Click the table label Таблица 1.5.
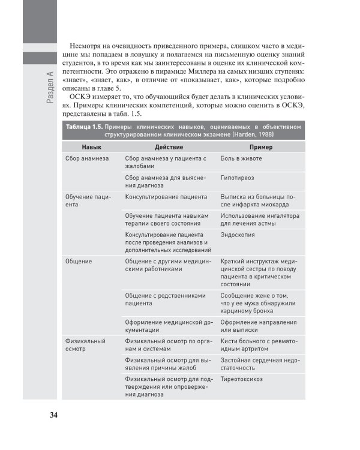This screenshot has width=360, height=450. [x=83, y=127]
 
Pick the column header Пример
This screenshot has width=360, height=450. [x=261, y=147]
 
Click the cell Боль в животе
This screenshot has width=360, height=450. [x=241, y=158]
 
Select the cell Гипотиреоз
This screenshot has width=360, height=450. [x=239, y=178]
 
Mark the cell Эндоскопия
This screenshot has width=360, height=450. [x=238, y=235]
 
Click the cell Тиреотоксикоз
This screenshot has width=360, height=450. [x=242, y=379]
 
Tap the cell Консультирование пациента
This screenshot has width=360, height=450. [x=166, y=197]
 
